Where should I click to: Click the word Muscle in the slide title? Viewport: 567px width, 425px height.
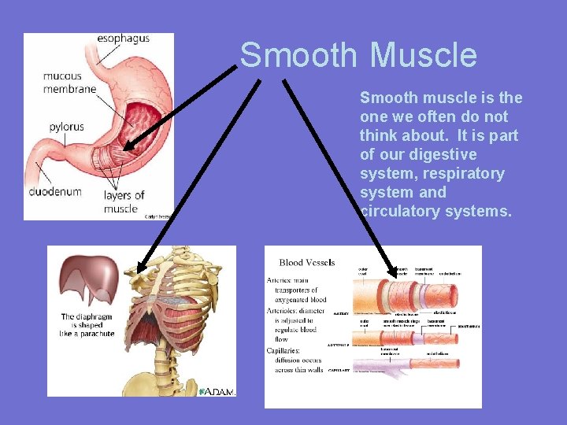pos(423,56)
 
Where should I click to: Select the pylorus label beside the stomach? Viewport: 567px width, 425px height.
pos(66,126)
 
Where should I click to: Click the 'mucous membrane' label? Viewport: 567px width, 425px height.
pos(69,83)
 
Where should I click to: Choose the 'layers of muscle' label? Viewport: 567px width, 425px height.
pos(124,201)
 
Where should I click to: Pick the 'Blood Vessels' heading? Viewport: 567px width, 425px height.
pos(307,262)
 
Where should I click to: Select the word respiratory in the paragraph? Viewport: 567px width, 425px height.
pos(463,173)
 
